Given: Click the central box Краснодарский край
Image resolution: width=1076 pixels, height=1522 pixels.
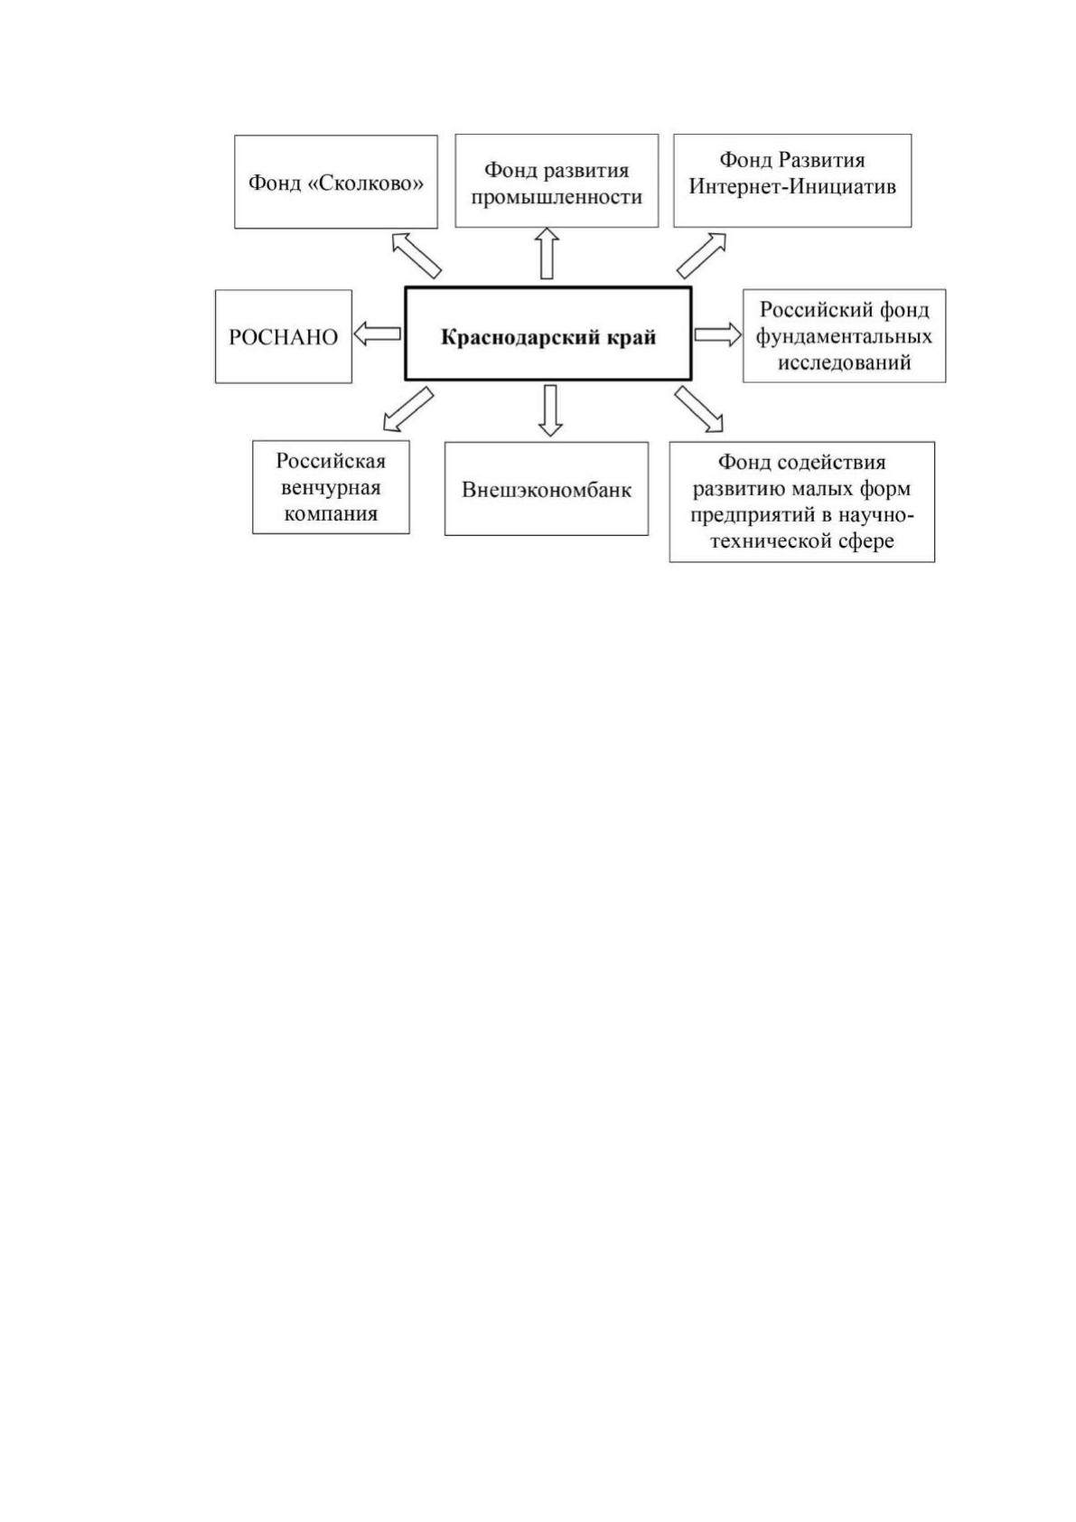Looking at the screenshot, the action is point(547,333).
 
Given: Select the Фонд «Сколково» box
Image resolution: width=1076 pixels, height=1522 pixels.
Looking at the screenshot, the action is point(335,182).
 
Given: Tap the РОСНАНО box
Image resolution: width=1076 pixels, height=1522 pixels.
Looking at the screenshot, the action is point(284,336).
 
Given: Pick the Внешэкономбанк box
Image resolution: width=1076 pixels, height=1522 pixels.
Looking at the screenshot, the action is point(547,489).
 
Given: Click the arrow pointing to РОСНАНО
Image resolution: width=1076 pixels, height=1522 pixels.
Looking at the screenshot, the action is point(378,334).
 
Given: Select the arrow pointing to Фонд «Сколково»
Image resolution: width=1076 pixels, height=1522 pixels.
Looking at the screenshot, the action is point(416,255).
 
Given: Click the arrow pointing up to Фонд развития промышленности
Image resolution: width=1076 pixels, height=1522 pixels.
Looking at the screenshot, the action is point(547,253).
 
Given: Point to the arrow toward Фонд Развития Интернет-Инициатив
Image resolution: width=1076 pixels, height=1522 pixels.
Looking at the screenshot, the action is point(702,256).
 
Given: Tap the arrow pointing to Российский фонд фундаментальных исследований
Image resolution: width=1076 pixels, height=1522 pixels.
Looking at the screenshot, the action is point(718,334).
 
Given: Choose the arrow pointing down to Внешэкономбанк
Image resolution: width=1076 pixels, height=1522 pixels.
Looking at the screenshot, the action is point(550,410).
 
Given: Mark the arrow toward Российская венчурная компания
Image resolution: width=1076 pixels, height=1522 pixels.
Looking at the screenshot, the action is point(407,409).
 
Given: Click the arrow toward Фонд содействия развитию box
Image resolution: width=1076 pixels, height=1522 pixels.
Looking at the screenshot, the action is point(699,409).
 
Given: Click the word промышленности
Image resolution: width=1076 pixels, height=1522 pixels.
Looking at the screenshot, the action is point(557,197).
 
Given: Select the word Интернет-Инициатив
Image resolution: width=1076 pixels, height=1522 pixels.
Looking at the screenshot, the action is point(792,186).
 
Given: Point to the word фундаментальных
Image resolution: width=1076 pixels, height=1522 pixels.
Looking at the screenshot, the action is point(844,336).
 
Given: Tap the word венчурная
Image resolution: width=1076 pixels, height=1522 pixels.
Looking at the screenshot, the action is point(331,488).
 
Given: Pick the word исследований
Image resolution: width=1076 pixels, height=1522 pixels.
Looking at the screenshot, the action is point(844,362).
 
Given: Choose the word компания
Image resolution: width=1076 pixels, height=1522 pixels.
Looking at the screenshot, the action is point(331,513).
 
